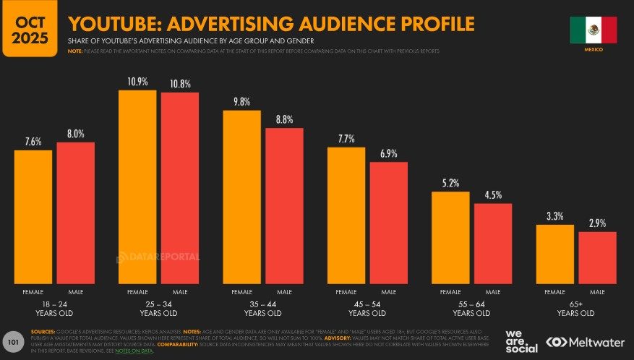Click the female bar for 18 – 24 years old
click(33, 217)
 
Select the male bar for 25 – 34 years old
click(180, 188)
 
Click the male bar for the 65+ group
click(597, 257)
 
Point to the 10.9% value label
click(137, 81)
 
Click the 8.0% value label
click(76, 133)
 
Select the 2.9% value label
click(597, 223)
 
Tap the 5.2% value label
click(450, 182)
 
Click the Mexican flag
click(593, 30)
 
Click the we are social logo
click(522, 341)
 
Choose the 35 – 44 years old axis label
click(262, 309)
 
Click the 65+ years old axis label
click(576, 309)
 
